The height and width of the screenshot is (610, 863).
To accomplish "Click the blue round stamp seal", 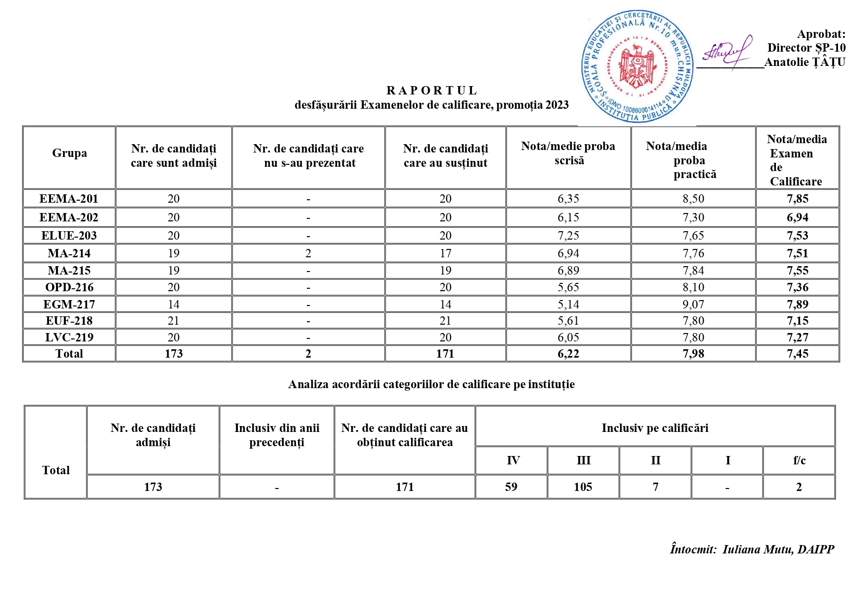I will click(637, 66).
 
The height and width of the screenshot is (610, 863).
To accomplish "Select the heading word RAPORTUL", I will click(432, 91).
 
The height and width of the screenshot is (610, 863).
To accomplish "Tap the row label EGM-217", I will click(69, 305).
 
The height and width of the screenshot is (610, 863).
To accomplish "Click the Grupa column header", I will click(69, 153).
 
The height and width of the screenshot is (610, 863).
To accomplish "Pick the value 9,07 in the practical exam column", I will click(693, 305).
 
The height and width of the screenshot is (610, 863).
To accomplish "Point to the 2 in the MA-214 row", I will click(308, 253).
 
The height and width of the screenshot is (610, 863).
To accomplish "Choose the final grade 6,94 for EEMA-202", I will click(797, 217).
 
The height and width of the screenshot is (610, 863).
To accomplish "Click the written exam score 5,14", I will click(568, 305).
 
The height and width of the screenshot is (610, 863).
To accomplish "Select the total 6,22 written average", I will click(568, 354).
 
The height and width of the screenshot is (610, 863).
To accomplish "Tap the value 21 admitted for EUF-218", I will click(174, 321).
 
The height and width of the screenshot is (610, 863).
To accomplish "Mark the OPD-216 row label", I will click(69, 287).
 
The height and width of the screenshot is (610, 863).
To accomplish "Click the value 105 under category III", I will click(583, 487).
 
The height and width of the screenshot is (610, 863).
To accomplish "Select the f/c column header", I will click(799, 460).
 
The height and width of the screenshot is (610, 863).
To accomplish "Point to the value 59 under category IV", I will click(511, 487).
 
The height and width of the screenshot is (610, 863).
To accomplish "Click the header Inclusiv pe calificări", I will click(655, 428).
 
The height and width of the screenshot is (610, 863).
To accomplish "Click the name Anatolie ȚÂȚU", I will click(804, 62).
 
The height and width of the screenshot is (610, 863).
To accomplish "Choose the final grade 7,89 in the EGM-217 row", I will click(797, 305).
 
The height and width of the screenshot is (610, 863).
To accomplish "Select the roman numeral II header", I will click(655, 460).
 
